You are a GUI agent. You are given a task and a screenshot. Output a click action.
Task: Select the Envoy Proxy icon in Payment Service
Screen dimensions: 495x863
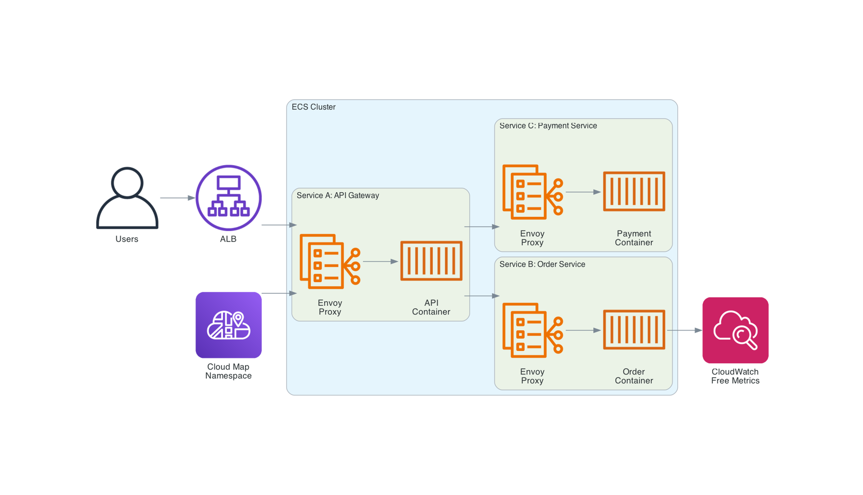tap(532, 192)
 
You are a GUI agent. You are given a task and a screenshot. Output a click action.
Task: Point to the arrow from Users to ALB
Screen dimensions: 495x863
tap(177, 198)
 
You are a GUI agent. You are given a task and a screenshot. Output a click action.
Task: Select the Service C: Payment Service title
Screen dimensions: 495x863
tap(548, 126)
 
